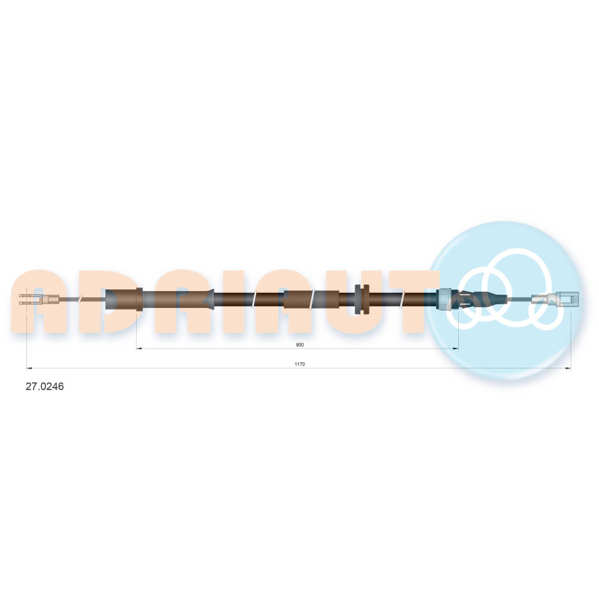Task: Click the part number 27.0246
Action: tap(45, 386)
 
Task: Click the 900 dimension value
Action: tap(300, 345)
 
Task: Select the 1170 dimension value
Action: tap(300, 364)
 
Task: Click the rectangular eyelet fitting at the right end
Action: tap(567, 299)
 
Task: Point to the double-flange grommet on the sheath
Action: tap(362, 299)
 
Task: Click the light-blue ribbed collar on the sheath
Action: tap(446, 299)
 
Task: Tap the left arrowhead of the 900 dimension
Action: tap(139, 349)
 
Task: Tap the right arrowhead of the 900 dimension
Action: tap(456, 349)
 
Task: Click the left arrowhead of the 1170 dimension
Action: tap(29, 368)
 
